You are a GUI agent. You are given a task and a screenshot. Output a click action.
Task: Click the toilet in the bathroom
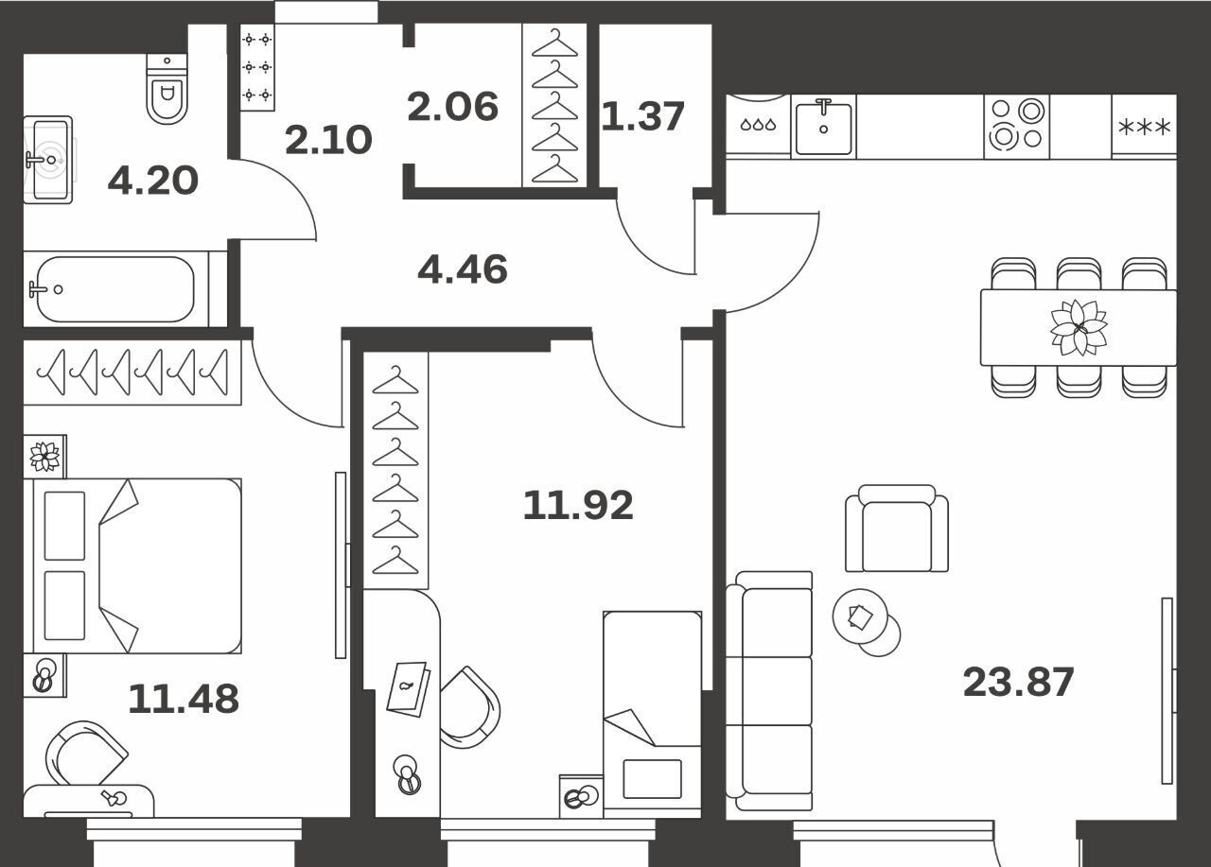167,89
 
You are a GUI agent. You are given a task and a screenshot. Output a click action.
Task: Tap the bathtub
115,289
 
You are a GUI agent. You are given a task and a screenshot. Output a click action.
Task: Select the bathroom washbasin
48,160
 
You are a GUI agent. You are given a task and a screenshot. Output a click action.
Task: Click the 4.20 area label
153,181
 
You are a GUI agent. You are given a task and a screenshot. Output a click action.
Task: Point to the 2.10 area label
328,139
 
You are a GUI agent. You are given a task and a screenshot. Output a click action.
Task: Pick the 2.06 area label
452,107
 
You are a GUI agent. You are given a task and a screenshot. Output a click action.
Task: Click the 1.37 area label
642,116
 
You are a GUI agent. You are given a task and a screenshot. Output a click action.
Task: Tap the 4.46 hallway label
463,269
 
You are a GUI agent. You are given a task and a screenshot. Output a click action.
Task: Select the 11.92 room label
578,505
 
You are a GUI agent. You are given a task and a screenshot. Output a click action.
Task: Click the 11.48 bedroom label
184,699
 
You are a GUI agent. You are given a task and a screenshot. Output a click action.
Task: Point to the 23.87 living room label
1019,683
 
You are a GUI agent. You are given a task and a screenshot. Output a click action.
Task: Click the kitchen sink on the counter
823,127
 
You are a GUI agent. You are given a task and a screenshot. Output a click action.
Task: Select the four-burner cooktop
1016,125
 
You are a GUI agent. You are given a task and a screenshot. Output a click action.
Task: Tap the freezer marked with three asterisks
1144,128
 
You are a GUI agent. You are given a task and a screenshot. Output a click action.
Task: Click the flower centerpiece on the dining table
1079,327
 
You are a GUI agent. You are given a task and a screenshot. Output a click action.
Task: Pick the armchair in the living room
897,529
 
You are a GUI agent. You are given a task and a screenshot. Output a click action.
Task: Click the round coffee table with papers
860,616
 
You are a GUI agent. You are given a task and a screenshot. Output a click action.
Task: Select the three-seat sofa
769,691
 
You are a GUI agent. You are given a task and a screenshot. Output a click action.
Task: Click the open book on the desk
408,689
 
